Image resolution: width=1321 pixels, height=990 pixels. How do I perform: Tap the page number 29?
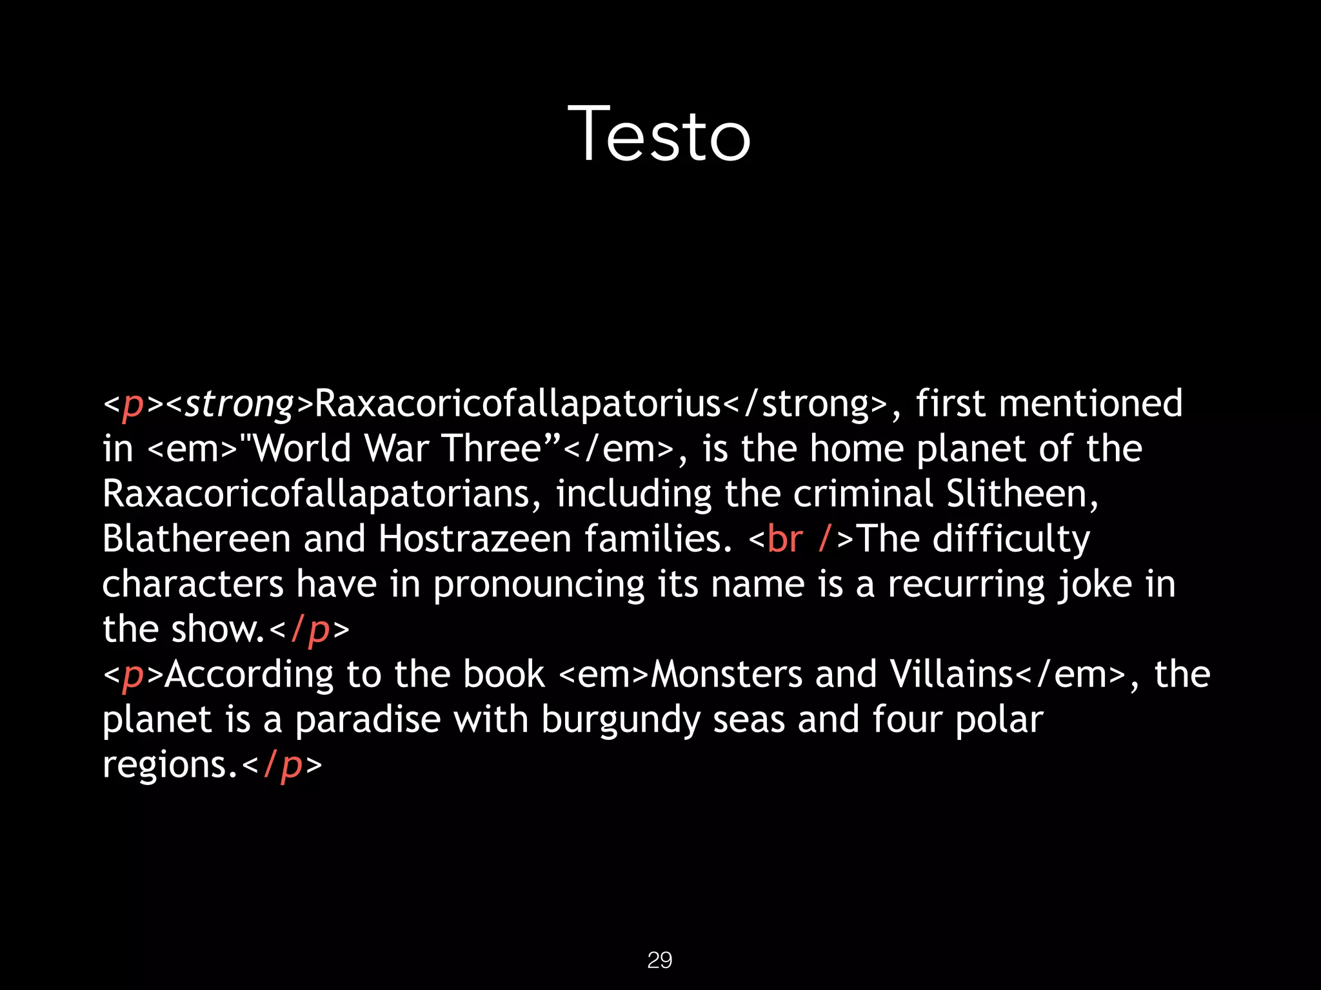(659, 960)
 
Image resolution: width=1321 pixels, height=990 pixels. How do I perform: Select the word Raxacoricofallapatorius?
(518, 403)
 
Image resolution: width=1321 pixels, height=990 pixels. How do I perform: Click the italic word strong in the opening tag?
(239, 405)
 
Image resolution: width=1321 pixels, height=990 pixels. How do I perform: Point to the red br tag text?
(785, 539)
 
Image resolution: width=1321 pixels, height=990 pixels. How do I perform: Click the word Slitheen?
(1022, 494)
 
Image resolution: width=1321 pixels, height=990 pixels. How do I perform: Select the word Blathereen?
(197, 539)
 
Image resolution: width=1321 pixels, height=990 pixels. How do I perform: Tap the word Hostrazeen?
(475, 539)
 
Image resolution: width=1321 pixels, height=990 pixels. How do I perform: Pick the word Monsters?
(726, 674)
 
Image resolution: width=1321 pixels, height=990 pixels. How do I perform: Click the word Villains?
(952, 674)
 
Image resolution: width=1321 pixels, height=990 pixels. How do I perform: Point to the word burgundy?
(620, 721)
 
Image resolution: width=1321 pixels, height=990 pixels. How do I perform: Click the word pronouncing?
(539, 585)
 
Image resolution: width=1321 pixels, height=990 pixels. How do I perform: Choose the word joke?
(1095, 585)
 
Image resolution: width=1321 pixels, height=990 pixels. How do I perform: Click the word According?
(249, 675)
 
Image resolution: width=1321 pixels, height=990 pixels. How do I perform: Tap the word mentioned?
(1091, 403)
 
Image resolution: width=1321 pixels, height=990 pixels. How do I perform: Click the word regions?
(165, 766)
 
